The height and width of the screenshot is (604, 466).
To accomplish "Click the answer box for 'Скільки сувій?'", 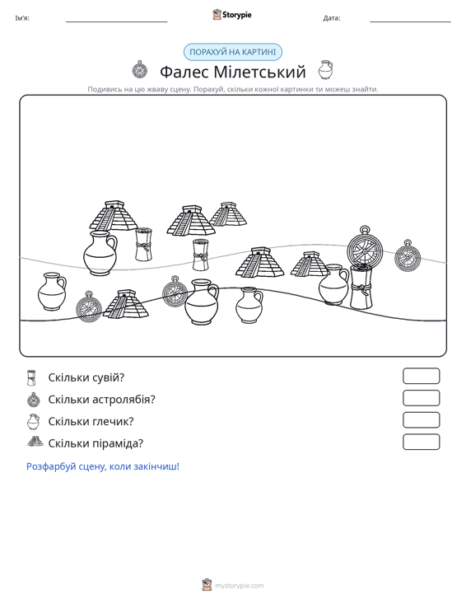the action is point(421,376).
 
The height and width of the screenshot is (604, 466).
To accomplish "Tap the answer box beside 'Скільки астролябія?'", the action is point(421,398).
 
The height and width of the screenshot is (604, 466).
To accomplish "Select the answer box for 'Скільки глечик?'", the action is point(421,420).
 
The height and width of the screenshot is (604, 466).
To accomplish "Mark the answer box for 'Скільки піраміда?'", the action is point(421,442).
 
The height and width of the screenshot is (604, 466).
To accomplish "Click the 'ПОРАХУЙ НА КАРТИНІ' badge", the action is point(233,52).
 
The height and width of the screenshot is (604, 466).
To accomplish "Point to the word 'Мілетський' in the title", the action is point(259,72).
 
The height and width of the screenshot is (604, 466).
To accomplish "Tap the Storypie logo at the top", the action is point(232,15).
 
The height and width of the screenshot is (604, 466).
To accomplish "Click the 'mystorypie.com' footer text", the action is point(239,586).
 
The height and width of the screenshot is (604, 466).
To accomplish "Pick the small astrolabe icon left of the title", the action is point(140,70).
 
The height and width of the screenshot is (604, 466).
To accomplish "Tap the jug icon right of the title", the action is point(325,70).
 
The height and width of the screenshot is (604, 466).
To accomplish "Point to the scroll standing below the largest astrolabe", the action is point(361,288).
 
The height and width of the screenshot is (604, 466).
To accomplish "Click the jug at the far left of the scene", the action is point(52,291).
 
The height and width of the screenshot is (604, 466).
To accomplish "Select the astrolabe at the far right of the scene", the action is point(407,256).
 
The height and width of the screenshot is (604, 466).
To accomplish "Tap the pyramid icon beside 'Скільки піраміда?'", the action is point(35,442).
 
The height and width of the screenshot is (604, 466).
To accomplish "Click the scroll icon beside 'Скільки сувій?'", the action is point(31,377).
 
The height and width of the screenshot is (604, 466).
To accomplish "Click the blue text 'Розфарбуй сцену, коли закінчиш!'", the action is point(103,466).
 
